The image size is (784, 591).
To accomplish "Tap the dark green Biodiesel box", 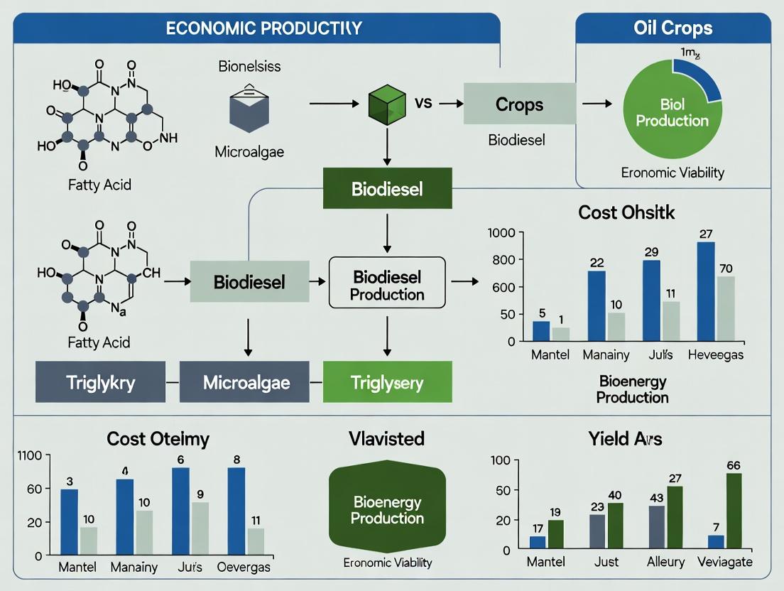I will (x=387, y=188).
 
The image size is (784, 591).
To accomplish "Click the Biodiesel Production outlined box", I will (x=387, y=283).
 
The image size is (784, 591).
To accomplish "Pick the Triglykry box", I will (x=100, y=382).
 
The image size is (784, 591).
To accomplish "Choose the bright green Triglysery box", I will (x=387, y=382).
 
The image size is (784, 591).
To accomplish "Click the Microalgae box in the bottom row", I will (x=246, y=382).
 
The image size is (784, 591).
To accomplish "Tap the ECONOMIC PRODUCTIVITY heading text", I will (x=264, y=29).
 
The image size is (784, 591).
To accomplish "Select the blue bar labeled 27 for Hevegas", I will (x=706, y=291).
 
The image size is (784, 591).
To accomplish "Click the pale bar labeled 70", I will (x=726, y=308).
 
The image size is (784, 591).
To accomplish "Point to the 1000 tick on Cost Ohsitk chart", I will (x=501, y=233).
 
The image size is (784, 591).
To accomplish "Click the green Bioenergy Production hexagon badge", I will (x=387, y=510).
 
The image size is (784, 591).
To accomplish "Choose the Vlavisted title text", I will (x=387, y=438).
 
